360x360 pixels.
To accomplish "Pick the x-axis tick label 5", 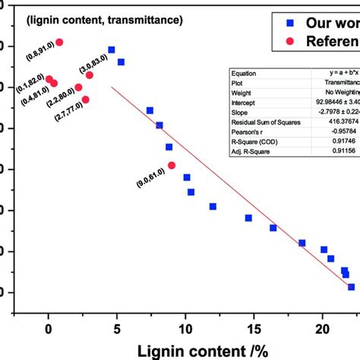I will pos(117,329).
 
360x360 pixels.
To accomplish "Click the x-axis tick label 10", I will pos(185,329).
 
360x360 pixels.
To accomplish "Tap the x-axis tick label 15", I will pos(254,329).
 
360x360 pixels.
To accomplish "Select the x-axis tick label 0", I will pos(49,329).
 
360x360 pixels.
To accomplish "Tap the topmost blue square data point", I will pos(112,49).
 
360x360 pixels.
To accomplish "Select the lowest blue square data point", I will pos(351,287).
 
